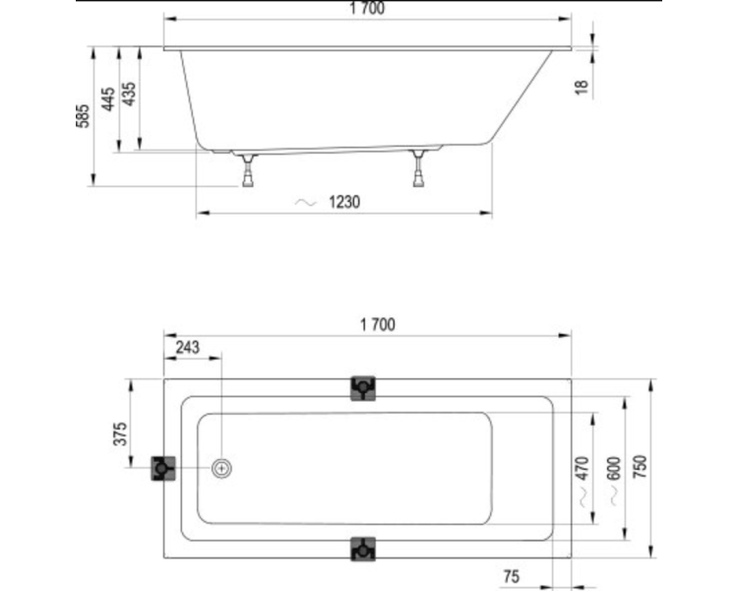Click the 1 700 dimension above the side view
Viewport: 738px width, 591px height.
[367, 8]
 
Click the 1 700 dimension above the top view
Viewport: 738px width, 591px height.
[378, 324]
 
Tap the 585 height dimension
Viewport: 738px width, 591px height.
[83, 116]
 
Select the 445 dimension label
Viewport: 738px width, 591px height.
[108, 98]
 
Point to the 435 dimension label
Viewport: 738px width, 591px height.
[129, 94]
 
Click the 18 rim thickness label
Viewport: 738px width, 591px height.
[582, 88]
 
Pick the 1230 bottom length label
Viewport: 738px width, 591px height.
[344, 202]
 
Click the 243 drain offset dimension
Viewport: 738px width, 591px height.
[187, 348]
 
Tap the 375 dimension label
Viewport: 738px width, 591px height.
[120, 433]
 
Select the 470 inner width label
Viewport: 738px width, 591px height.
[583, 468]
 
